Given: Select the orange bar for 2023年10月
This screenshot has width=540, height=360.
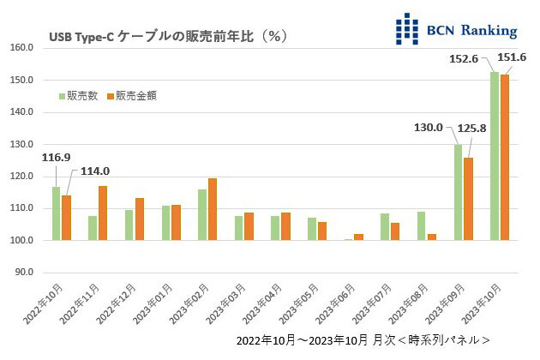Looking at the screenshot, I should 505,158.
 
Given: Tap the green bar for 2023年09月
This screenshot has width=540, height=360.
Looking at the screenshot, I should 458,192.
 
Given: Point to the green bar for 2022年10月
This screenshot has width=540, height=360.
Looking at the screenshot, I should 56,213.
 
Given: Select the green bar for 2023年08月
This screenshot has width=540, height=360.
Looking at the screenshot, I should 421,225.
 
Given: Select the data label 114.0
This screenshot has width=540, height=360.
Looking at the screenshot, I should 96,171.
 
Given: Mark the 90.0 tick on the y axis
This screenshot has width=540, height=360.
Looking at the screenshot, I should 23,273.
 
